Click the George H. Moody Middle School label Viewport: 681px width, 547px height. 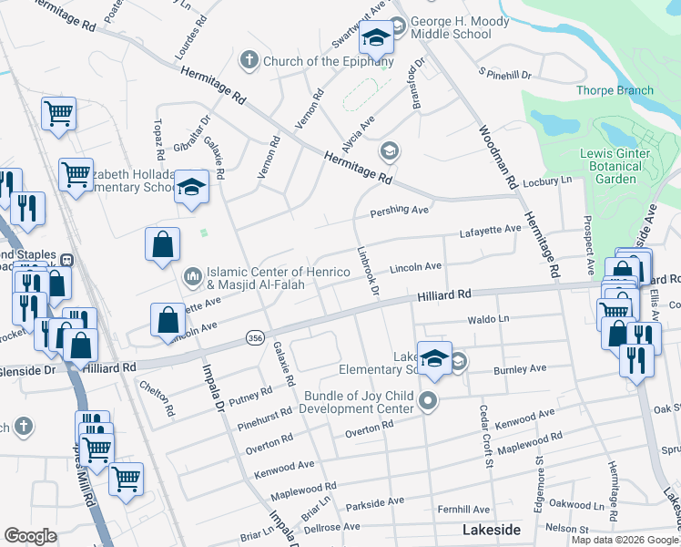point(451,27)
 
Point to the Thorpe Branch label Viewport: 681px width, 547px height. point(615,90)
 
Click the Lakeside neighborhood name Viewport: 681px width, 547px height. point(491,530)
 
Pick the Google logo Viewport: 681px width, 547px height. point(31,536)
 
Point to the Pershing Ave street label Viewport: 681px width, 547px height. point(399,212)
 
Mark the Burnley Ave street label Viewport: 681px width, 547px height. point(519,370)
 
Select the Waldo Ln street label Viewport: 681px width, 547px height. point(488,320)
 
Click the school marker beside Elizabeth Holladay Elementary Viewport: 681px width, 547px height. point(191,187)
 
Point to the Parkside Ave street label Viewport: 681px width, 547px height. point(374,501)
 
